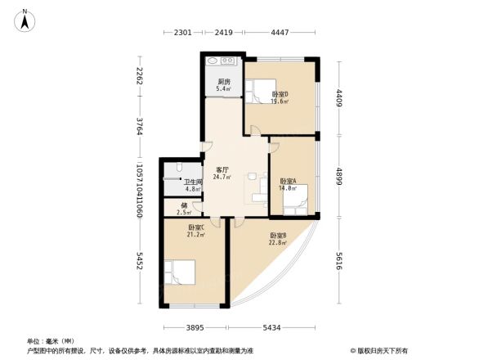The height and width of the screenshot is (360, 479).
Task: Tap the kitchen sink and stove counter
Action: (221, 61)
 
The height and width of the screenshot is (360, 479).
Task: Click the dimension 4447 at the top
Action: (280, 34)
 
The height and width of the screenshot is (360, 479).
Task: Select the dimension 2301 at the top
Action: (182, 34)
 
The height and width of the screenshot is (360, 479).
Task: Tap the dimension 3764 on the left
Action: (141, 128)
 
